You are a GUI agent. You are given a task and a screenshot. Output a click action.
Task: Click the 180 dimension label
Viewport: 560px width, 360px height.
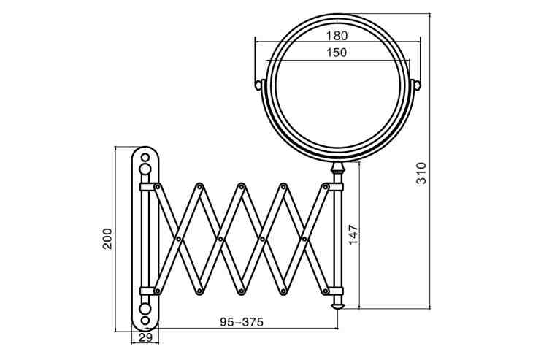pos(337,36)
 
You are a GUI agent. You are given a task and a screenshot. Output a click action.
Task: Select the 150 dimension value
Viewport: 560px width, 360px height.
pos(337,53)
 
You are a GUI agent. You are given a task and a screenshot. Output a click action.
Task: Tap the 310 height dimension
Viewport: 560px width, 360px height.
pos(422,173)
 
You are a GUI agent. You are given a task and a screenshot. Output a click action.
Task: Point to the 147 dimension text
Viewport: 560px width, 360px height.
pos(353,234)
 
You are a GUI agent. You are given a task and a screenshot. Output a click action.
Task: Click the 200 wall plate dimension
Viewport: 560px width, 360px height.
pos(107,239)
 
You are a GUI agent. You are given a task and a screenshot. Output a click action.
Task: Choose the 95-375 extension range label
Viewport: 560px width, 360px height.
pos(242,322)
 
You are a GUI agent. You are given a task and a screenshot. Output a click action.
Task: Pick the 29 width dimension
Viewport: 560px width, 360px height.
pos(145,337)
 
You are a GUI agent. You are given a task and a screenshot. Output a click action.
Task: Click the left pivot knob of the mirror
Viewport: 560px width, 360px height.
pos(258,85)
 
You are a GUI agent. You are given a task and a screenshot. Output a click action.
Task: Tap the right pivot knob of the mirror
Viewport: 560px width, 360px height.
pos(418,85)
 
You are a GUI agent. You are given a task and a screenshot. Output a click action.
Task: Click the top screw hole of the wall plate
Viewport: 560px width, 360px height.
pos(145,157)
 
